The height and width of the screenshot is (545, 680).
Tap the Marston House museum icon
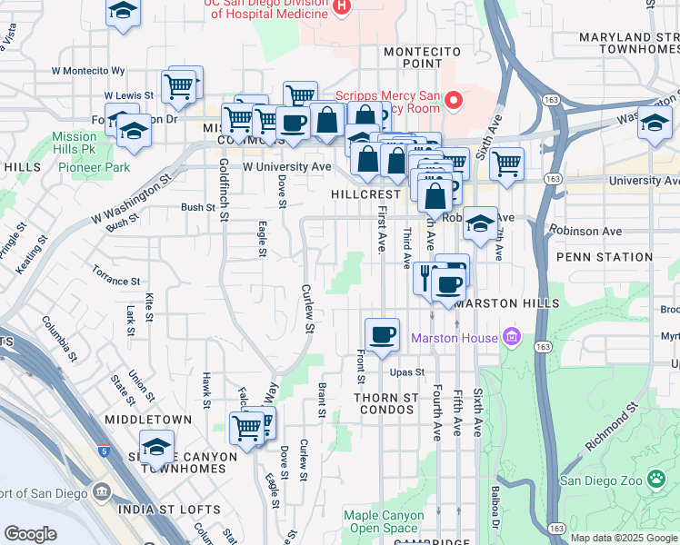click(x=511, y=338)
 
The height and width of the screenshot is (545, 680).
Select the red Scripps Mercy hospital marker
click(x=453, y=98)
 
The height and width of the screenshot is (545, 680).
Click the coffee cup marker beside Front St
click(x=383, y=334)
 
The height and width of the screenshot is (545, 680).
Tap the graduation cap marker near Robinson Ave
click(x=479, y=223)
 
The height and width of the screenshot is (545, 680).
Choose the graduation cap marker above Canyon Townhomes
click(x=156, y=446)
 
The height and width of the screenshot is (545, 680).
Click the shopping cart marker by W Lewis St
click(x=180, y=87)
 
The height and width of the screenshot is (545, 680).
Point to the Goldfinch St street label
click(x=224, y=187)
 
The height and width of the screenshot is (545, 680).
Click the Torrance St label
click(x=115, y=275)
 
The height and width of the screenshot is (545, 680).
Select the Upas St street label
click(x=407, y=372)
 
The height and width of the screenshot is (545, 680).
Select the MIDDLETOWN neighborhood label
click(x=147, y=420)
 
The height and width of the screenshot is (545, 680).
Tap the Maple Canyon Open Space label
click(x=384, y=521)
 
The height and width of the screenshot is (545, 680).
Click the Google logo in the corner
click(x=31, y=534)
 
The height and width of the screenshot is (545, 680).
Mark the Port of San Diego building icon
click(x=100, y=492)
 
